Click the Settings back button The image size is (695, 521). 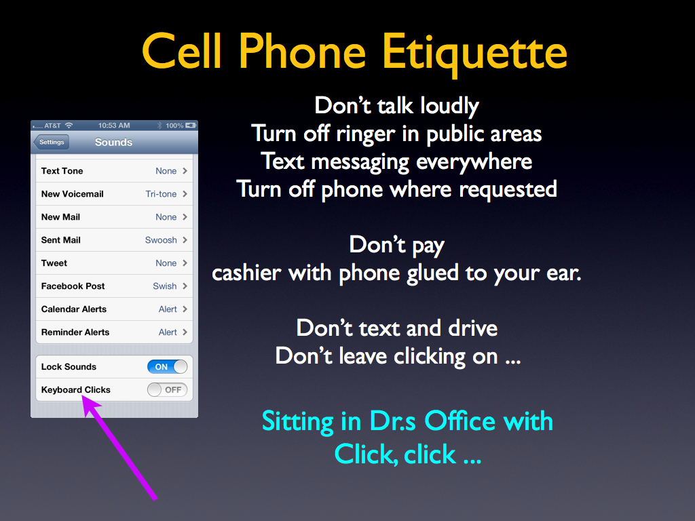(x=52, y=142)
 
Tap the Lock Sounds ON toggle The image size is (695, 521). (x=167, y=367)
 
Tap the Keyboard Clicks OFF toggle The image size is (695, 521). (x=167, y=390)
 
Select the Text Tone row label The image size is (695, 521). (x=62, y=171)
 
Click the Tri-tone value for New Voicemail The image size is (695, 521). (x=161, y=194)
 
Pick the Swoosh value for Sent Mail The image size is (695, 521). (x=161, y=240)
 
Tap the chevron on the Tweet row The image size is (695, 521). (x=185, y=263)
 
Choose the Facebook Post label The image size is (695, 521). (x=73, y=286)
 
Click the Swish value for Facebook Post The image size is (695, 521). (x=165, y=286)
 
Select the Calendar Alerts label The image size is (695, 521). (x=73, y=309)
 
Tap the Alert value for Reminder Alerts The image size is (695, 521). (x=168, y=332)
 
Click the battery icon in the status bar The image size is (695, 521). (x=191, y=126)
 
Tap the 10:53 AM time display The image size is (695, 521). (x=114, y=126)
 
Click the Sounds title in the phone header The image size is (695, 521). (x=113, y=142)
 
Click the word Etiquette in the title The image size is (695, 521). (x=474, y=52)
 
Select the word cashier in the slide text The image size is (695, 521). (x=246, y=273)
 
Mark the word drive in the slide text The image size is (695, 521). (x=472, y=328)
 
